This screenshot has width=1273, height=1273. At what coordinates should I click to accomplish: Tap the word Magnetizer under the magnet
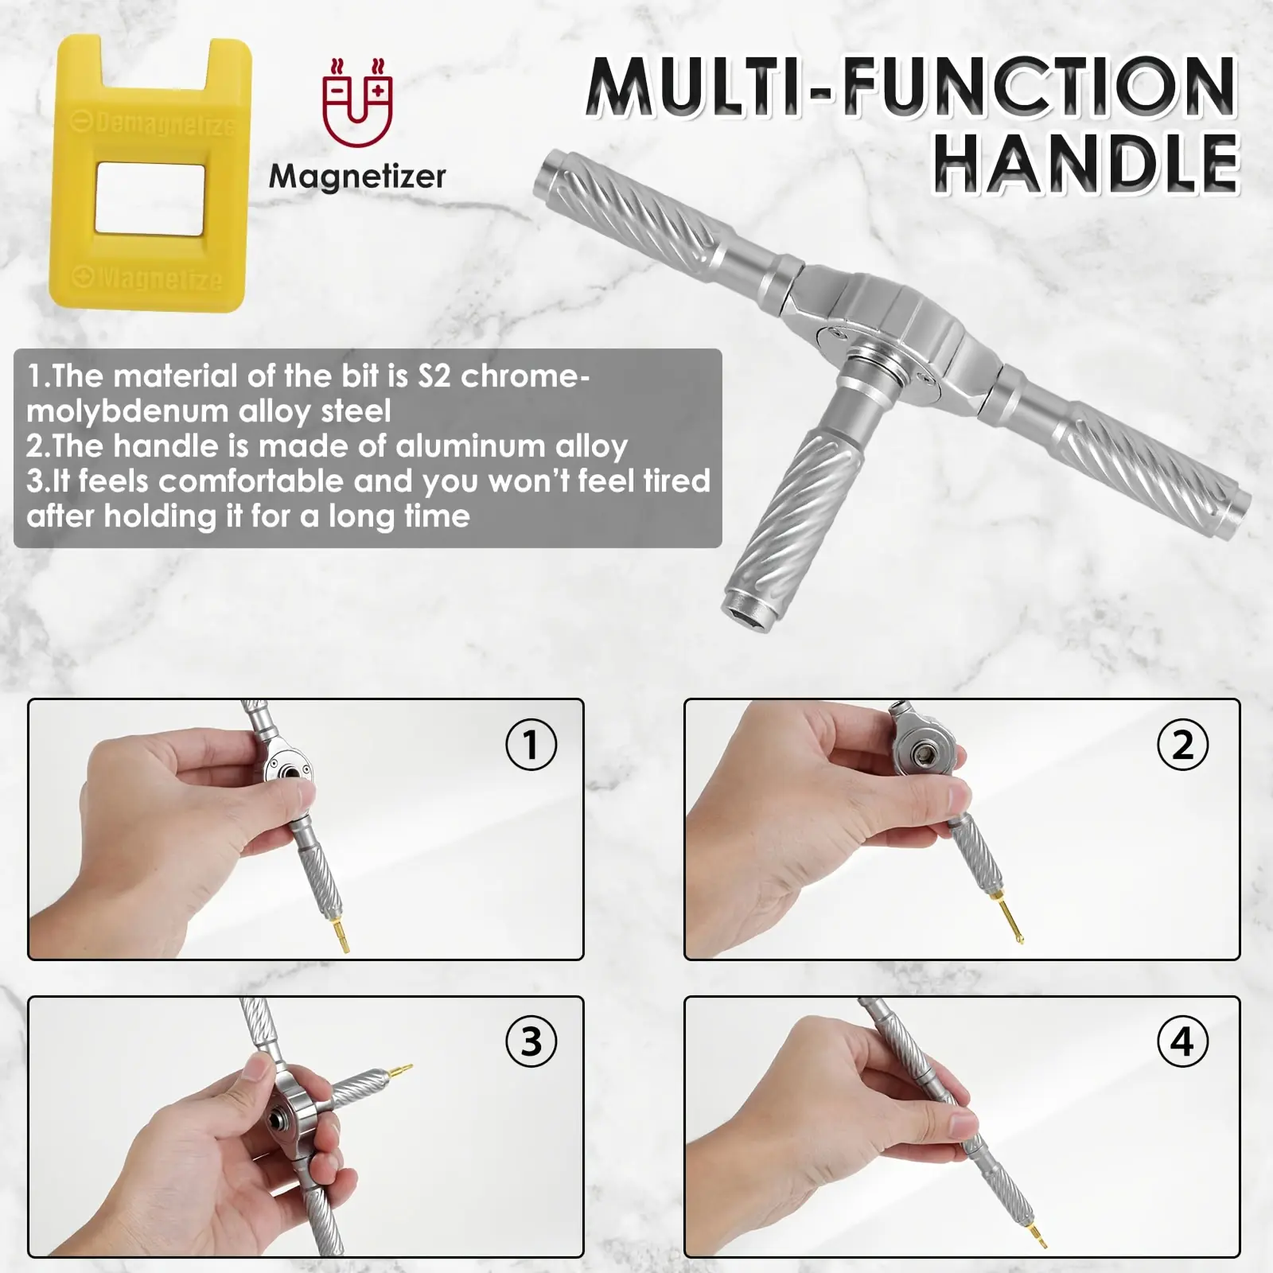(357, 176)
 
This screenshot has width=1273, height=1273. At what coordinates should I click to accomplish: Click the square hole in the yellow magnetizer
(150, 199)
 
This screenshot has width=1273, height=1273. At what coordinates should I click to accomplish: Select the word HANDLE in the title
(1087, 164)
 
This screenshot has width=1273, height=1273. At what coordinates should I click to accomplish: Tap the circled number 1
(531, 745)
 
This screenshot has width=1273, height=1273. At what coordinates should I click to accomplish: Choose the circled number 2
(1182, 745)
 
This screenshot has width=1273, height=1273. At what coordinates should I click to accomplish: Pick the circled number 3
(531, 1041)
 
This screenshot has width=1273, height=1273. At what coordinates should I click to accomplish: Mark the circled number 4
(1182, 1041)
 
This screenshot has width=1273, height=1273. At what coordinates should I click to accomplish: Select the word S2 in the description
(434, 376)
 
